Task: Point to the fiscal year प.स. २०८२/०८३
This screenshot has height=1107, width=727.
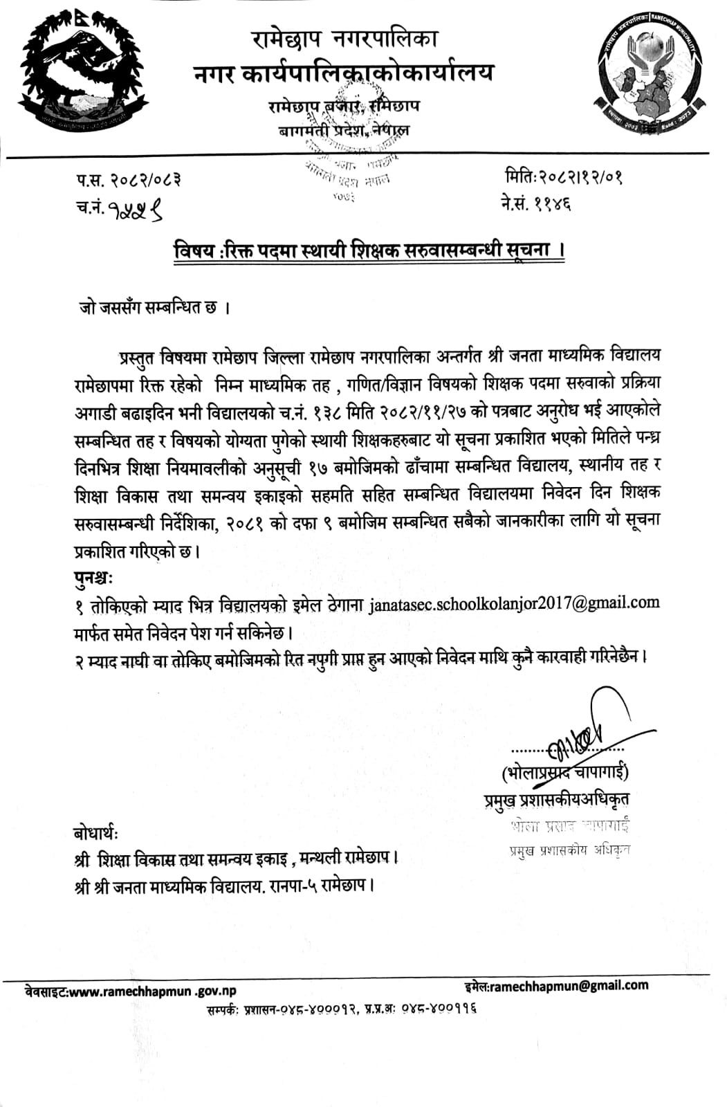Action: point(129,181)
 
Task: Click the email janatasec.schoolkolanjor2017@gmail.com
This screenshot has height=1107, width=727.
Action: point(514,603)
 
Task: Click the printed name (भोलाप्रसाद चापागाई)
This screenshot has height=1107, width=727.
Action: point(566,771)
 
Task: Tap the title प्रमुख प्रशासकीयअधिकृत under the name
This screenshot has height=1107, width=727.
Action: point(556,799)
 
